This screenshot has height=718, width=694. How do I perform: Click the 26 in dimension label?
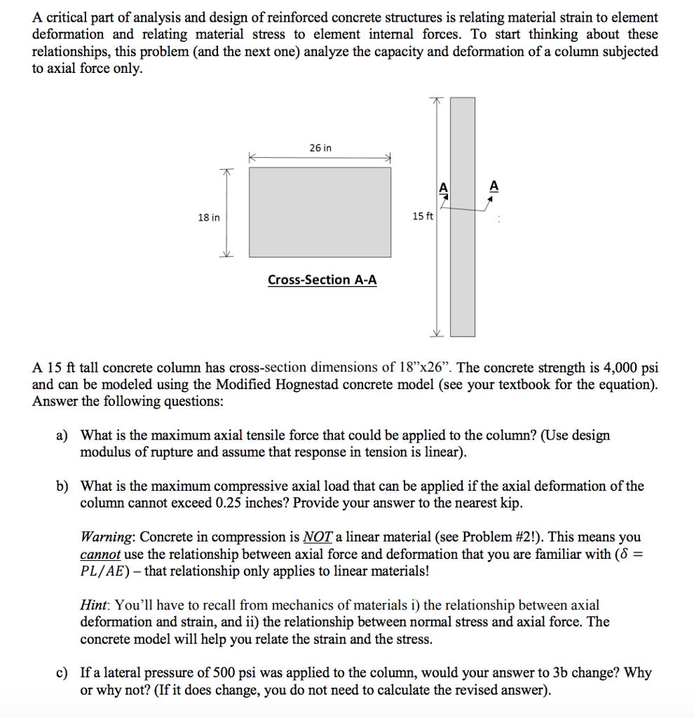(x=320, y=148)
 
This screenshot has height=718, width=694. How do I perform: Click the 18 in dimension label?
(x=208, y=218)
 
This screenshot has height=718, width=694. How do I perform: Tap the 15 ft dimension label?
(x=423, y=217)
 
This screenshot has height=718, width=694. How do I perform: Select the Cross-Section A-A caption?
(x=322, y=280)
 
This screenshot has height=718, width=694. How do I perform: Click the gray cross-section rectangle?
(x=320, y=212)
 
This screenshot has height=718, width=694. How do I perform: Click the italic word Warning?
(x=107, y=537)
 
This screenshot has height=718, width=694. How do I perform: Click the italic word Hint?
(x=95, y=605)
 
